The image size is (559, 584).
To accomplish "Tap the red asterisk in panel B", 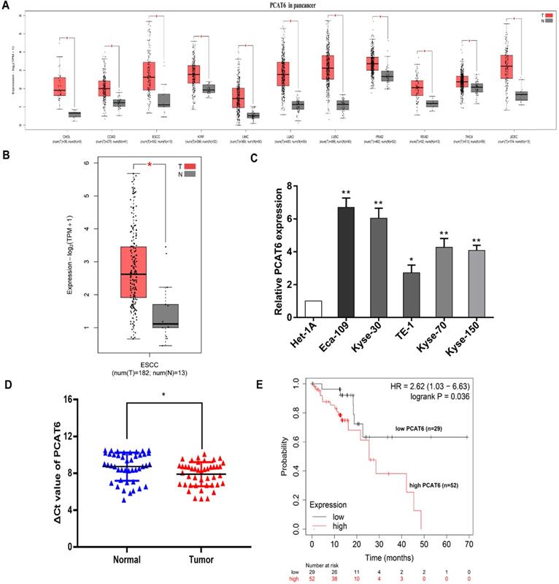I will (150, 165).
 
